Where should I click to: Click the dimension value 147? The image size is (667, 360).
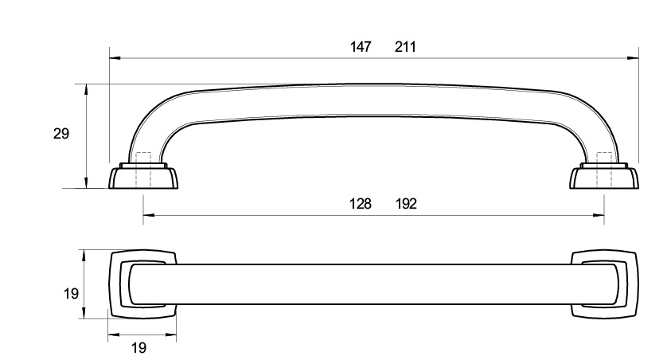tap(361, 46)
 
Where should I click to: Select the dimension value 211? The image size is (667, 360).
tap(405, 46)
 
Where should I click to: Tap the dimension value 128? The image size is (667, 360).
tap(361, 204)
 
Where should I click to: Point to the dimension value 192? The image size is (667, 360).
tap(406, 204)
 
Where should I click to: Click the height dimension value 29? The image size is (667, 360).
tap(60, 134)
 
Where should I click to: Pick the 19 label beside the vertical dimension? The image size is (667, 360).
tap(71, 294)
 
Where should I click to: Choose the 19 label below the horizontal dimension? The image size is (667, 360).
tap(138, 348)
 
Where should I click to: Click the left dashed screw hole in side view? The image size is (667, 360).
tap(143, 170)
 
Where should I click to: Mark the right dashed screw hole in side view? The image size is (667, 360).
tap(604, 170)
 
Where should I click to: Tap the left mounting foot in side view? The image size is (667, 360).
tap(144, 176)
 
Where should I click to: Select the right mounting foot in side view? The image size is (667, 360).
tap(604, 176)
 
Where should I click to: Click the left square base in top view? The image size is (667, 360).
tap(143, 284)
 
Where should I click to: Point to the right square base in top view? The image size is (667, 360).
tap(604, 284)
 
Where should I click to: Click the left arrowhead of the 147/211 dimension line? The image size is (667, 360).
tap(115, 58)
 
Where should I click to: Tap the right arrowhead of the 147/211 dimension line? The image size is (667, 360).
tap(634, 58)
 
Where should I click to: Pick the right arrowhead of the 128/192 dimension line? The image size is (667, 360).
tap(599, 215)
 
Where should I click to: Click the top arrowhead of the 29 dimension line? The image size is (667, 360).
tap(86, 89)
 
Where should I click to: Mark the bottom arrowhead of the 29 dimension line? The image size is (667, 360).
tap(86, 182)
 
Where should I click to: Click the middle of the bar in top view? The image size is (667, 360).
tap(373, 284)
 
